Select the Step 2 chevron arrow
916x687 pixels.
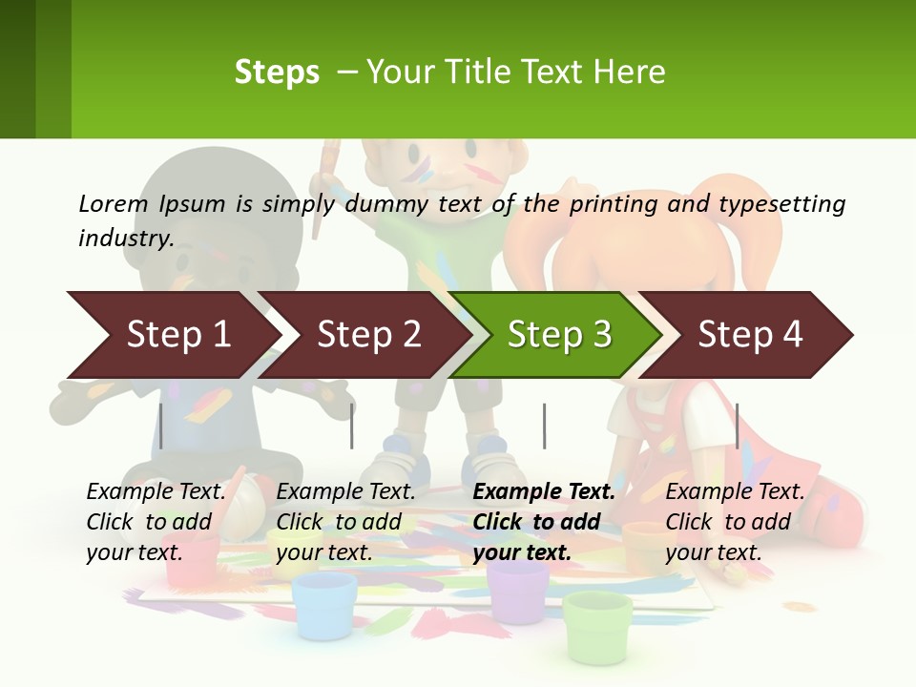(x=368, y=335)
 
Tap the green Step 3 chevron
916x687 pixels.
(x=559, y=335)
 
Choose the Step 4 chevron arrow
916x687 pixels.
(x=750, y=335)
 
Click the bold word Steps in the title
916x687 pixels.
(x=277, y=73)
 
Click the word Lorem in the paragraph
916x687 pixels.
(x=114, y=203)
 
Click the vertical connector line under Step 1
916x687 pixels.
(x=161, y=426)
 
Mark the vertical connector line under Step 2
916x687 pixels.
(x=352, y=426)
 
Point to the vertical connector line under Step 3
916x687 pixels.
(x=545, y=426)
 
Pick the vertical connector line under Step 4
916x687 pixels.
(x=737, y=426)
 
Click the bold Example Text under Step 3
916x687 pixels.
(x=544, y=491)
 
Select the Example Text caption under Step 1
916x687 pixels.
(x=156, y=491)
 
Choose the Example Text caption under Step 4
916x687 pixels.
(x=735, y=491)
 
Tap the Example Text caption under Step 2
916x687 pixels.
(x=345, y=491)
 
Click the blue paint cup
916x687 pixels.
(x=324, y=605)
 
